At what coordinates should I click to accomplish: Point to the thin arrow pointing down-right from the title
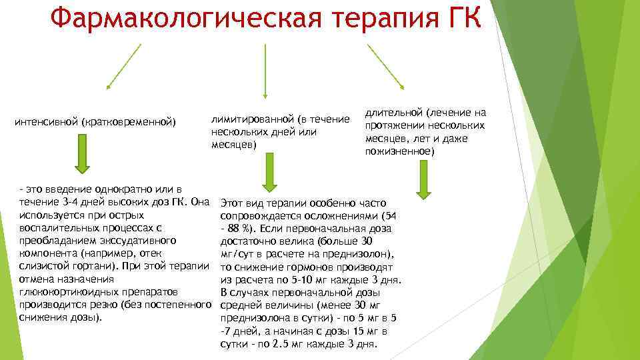385,66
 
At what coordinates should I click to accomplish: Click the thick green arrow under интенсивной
82,153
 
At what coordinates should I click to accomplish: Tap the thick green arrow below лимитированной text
267,173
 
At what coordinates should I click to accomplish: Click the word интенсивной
46,122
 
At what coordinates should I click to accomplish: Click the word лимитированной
253,119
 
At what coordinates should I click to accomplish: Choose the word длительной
394,113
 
